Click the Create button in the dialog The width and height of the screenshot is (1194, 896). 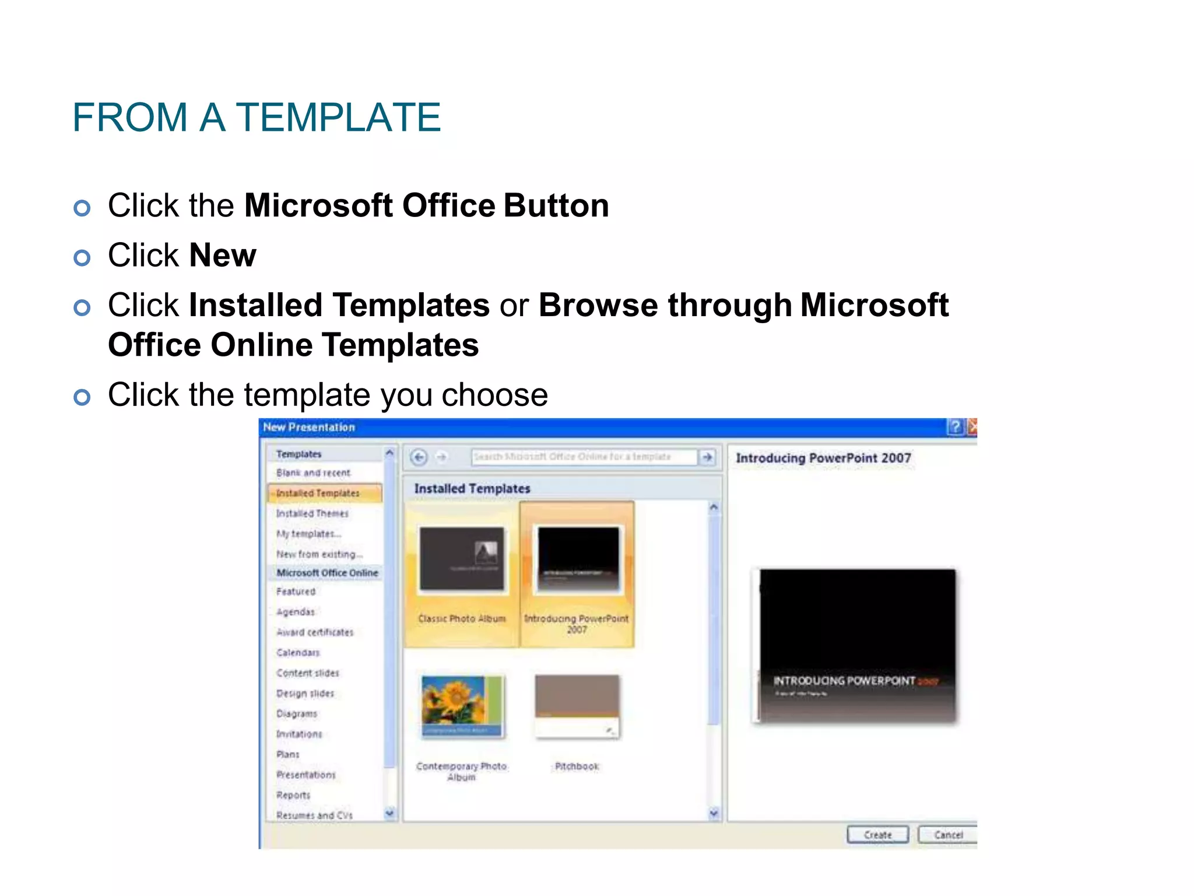[877, 835]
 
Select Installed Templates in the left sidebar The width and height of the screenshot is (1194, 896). [318, 493]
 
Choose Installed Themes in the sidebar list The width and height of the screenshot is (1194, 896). [312, 513]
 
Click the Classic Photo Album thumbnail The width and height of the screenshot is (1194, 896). [462, 559]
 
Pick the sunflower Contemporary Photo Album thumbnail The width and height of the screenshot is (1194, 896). [462, 706]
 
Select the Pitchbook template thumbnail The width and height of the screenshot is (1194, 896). [577, 706]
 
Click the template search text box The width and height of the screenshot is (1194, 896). [583, 457]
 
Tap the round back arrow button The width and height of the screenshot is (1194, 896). [419, 457]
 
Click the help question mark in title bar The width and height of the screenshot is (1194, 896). [955, 427]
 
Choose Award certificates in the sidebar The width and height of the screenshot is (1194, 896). [315, 632]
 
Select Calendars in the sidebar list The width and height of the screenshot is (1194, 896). [298, 653]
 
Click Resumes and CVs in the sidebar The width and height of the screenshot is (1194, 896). [314, 815]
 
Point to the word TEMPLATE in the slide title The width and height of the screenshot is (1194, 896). [338, 117]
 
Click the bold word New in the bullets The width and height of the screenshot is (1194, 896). [223, 256]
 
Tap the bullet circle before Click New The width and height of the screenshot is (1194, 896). [82, 258]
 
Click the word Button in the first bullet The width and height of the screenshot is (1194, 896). [556, 206]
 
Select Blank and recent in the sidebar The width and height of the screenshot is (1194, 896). [313, 473]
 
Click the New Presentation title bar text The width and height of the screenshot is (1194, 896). [309, 427]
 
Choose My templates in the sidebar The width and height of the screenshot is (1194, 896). [308, 534]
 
